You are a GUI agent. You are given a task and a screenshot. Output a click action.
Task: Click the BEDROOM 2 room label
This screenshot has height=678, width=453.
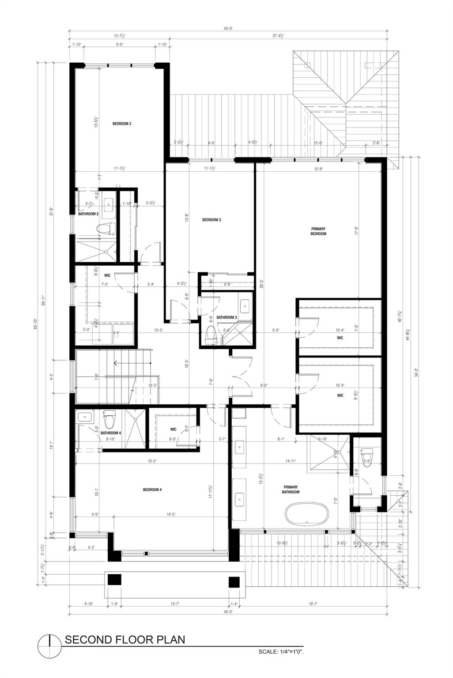point(121,124)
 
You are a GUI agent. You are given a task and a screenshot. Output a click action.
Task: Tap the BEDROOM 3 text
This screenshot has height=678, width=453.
point(211,220)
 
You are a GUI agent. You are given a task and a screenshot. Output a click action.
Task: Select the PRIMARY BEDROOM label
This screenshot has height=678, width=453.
point(318,231)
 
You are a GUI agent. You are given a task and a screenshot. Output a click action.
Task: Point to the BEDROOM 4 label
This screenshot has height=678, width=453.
point(152,490)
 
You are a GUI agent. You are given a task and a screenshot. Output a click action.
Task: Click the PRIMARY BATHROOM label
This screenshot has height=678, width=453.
point(291,490)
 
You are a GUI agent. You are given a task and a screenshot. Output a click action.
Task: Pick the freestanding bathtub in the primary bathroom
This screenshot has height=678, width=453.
point(307,515)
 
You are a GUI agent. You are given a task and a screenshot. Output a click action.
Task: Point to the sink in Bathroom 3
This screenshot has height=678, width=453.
point(245,305)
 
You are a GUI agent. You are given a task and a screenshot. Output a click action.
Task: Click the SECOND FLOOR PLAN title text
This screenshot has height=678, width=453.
point(125,640)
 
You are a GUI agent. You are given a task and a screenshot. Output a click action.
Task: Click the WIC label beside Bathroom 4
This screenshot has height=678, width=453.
point(173,429)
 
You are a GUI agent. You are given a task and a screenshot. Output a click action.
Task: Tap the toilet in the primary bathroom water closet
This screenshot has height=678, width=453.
point(366,454)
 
